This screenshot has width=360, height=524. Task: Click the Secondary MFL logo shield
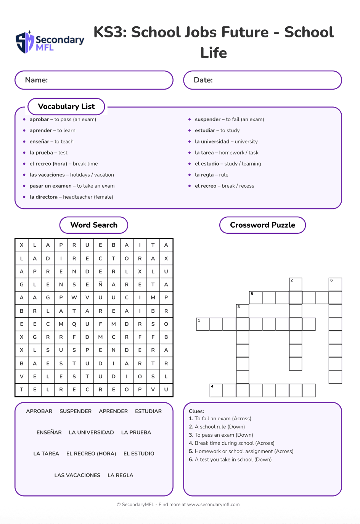25,42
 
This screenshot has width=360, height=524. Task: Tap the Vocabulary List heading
66,106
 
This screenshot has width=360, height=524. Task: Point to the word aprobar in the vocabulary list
39,119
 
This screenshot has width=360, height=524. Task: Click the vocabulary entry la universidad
212,141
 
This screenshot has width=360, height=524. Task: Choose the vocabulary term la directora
43,197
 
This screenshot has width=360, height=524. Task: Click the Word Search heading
94,225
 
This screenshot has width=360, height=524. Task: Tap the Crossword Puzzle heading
262,225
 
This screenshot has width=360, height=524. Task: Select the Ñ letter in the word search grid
100,285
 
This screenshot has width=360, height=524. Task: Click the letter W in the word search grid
74,297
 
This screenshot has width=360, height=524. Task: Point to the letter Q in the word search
74,324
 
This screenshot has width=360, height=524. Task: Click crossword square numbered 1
203,324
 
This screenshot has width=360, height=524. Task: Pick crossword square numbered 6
335,285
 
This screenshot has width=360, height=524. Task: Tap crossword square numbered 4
216,390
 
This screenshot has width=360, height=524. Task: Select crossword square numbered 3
243,311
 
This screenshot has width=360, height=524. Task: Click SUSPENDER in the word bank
76,411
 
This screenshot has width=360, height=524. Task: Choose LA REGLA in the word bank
121,475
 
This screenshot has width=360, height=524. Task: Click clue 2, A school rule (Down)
220,427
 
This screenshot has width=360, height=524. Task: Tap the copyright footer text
178,504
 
